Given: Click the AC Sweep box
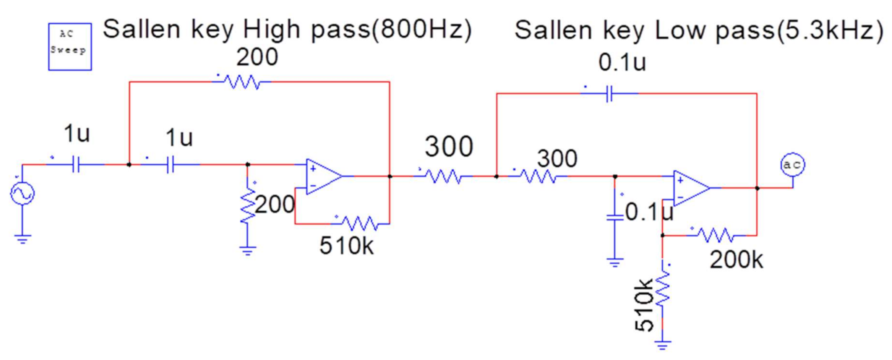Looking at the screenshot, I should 70,47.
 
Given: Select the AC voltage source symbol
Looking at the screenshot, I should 22,193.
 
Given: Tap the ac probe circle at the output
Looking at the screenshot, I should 792,165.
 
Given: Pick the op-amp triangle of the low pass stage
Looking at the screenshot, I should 690,188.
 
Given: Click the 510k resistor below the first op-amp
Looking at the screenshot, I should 359,223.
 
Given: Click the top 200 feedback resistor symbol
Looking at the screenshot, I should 242,82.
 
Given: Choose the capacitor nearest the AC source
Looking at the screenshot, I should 76,165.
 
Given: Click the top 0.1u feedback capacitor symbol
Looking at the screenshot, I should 609,94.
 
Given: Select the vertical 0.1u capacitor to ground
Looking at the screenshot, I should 615,218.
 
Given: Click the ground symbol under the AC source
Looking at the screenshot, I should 23,239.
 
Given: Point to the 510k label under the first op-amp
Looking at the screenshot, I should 346,246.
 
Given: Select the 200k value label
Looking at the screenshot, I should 736,260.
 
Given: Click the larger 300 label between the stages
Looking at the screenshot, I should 449,146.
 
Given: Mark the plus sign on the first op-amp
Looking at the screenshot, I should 313,169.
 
